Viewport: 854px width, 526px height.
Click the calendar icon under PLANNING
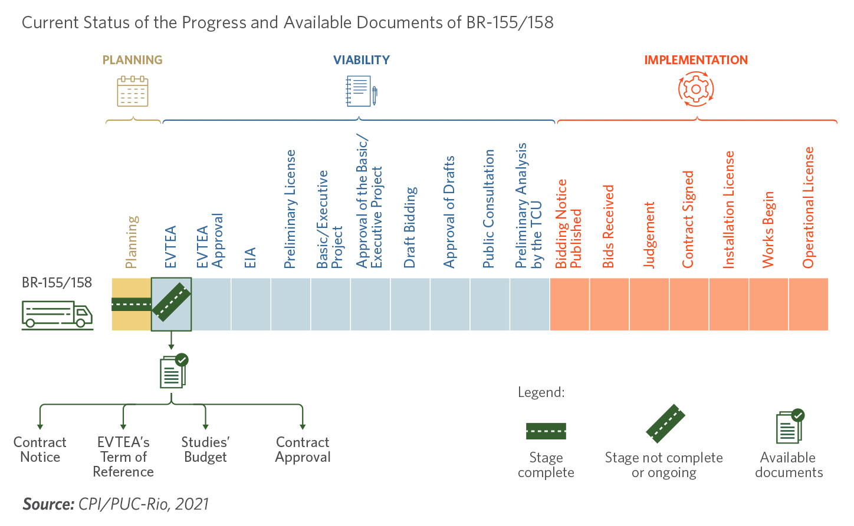click(x=132, y=91)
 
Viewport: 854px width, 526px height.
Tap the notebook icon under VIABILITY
click(x=362, y=91)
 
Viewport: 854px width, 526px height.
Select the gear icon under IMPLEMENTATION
click(x=696, y=90)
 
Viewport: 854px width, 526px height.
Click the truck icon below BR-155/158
click(x=57, y=315)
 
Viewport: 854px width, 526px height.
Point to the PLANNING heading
click(x=132, y=60)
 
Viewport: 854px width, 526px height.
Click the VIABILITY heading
click(x=362, y=60)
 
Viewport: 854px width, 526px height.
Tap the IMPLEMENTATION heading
click(x=696, y=60)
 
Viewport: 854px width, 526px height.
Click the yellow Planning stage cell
click(x=132, y=305)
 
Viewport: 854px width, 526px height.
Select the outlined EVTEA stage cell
click(x=171, y=305)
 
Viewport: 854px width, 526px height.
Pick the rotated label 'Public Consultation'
click(x=488, y=209)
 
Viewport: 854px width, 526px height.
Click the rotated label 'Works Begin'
click(x=768, y=230)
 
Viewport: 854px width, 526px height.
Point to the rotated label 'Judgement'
click(x=649, y=235)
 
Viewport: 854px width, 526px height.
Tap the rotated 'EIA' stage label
click(x=249, y=257)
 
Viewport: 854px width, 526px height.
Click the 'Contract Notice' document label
click(x=40, y=449)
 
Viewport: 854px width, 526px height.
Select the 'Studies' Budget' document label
click(x=205, y=449)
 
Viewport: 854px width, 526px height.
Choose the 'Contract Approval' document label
click(x=303, y=449)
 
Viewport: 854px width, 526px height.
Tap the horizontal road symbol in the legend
click(x=546, y=431)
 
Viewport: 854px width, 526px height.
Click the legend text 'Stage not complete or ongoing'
click(x=664, y=465)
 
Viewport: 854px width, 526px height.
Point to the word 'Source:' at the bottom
click(x=48, y=504)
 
